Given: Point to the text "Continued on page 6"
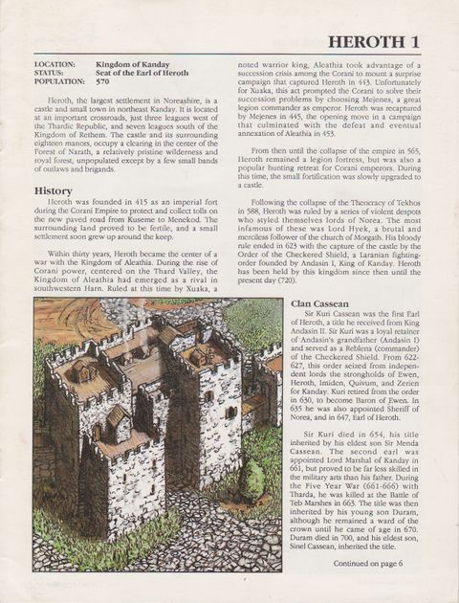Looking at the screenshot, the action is pyautogui.click(x=370, y=563).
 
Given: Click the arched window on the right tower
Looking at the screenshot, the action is pyautogui.click(x=229, y=413).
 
